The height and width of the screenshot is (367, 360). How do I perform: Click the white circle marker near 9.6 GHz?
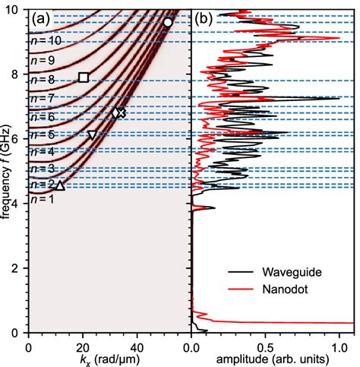click(168, 23)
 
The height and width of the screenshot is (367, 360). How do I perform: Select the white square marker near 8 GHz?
click(84, 78)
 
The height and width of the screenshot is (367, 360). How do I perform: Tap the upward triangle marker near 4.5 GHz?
click(61, 185)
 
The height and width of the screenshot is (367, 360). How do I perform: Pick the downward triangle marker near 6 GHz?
click(92, 135)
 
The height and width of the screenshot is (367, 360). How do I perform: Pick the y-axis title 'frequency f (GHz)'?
click(7, 171)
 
